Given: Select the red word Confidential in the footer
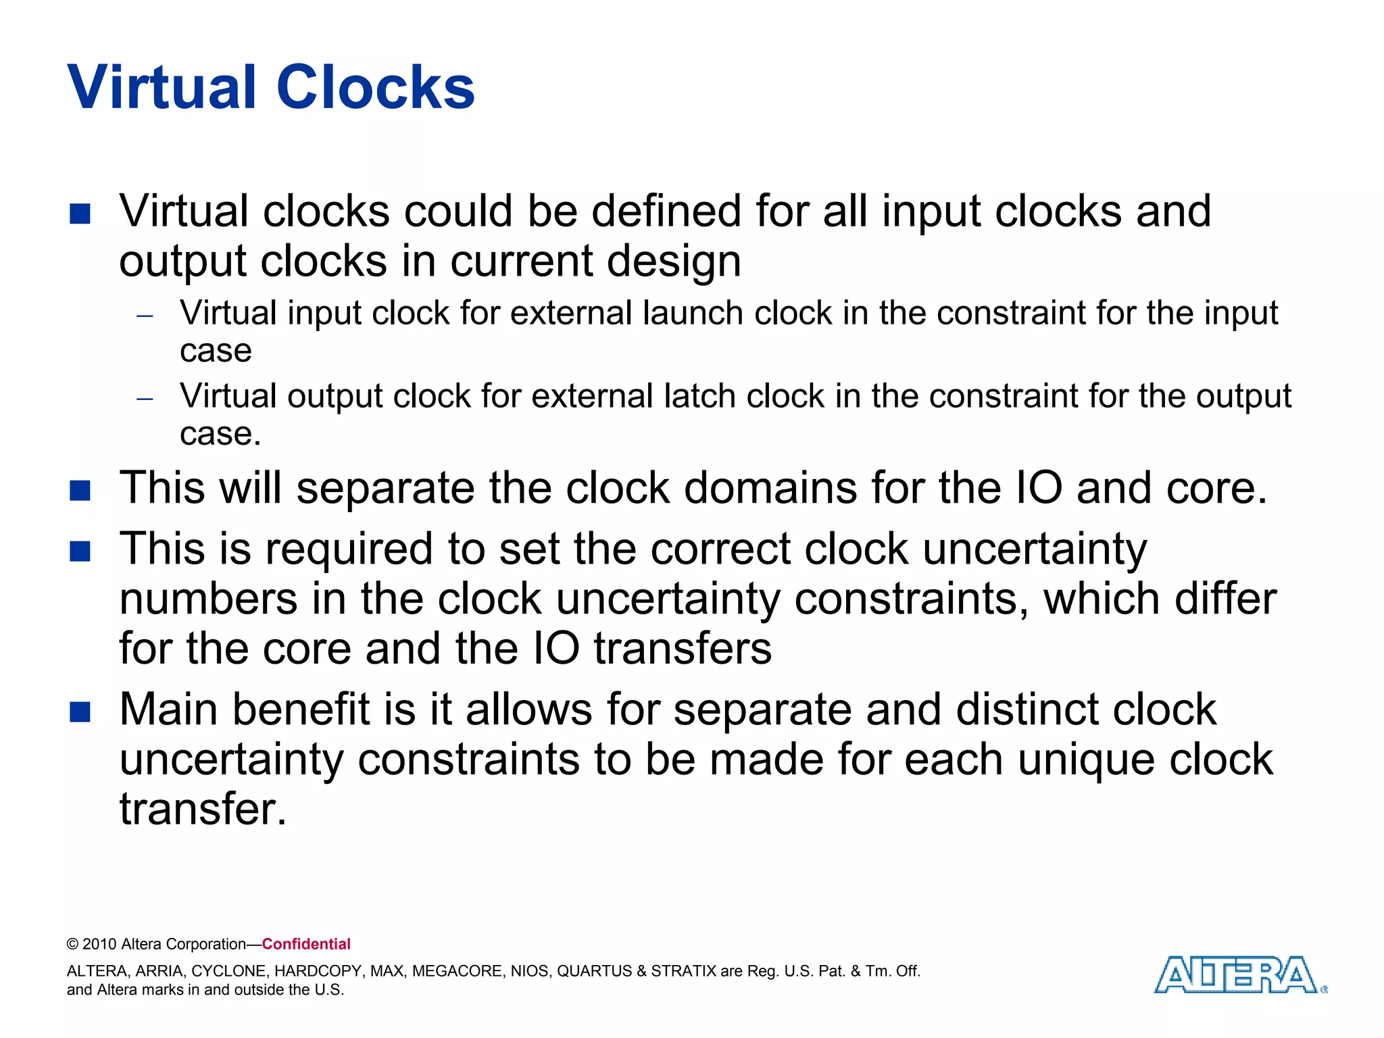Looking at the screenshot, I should coord(306,944).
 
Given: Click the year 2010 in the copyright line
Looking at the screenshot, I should coord(99,944).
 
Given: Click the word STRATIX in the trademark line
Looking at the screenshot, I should coord(683,971).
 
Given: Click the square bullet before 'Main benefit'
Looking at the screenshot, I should coord(80,712).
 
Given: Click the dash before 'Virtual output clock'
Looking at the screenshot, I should coord(145,399).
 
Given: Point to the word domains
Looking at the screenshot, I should coord(770,488).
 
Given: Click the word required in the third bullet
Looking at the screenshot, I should coord(348,549).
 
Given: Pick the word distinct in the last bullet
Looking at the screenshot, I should coord(1027,710).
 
